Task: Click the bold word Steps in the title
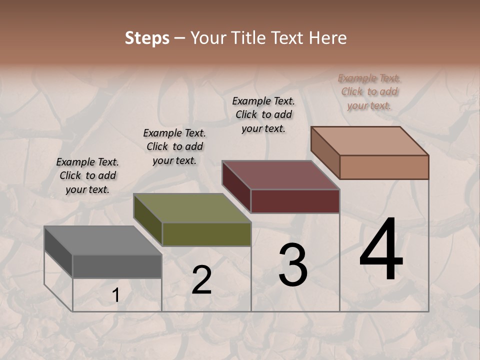147,38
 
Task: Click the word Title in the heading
250,38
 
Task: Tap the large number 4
381,250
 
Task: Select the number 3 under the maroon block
293,265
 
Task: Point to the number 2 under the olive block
201,280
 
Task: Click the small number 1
115,295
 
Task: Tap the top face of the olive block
192,208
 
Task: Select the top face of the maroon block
280,175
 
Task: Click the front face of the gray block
117,266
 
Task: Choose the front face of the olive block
206,234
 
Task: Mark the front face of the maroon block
295,201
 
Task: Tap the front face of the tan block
384,167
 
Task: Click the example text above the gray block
87,176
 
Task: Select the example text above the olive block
174,147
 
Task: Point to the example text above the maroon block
263,114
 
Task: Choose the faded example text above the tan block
369,92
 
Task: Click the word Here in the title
327,38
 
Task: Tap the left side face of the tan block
325,152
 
